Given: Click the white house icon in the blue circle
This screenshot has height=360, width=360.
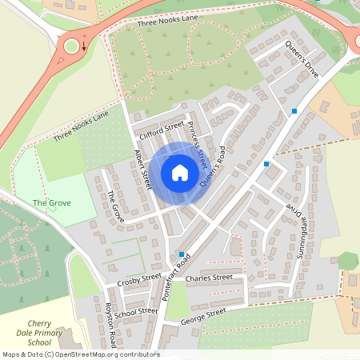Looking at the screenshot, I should (179, 173).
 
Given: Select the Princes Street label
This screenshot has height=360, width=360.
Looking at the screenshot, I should (198, 144).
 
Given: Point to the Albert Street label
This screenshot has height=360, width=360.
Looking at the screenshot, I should (142, 169).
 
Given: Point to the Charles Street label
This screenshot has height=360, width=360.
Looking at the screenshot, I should (209, 278).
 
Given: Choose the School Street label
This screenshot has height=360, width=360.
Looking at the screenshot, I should (137, 311).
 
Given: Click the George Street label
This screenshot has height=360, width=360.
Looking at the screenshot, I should (204, 318).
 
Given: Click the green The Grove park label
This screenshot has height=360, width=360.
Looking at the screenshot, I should (52, 203).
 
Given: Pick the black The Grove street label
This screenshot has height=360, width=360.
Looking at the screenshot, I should (116, 206).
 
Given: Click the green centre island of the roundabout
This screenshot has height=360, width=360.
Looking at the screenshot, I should (73, 46).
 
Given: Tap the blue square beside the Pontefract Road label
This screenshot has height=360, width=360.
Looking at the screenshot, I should (182, 254).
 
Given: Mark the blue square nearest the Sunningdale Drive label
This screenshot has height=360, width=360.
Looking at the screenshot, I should (266, 164).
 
